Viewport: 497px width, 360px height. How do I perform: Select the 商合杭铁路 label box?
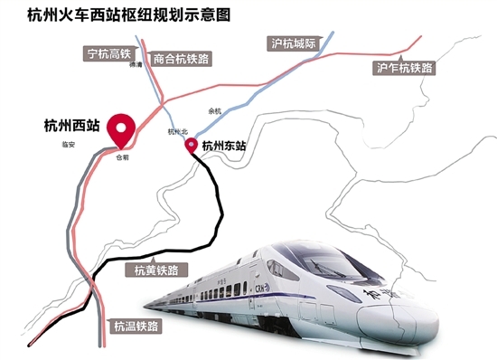182,56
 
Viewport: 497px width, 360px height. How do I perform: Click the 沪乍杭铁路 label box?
405,68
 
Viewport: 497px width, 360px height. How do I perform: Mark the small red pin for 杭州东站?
192,145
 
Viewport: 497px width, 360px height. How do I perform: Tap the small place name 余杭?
214,110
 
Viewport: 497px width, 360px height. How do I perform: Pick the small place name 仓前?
123,156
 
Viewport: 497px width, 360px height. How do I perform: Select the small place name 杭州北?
176,132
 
